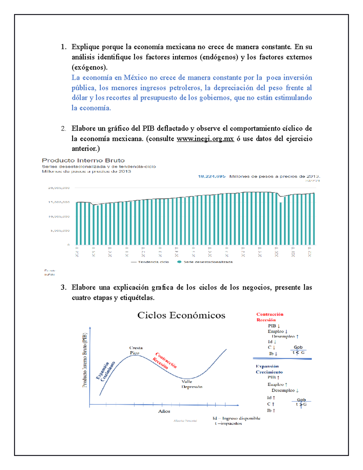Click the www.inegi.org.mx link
click(205, 139)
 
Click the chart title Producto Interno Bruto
click(83, 160)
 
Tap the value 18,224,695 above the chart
click(211, 176)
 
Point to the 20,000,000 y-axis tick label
click(59, 188)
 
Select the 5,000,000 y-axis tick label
click(60, 231)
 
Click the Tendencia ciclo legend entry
click(150, 262)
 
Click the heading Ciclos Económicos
click(181, 315)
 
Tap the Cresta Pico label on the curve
click(136, 350)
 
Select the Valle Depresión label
click(191, 384)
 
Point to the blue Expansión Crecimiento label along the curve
click(106, 371)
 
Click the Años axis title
click(164, 411)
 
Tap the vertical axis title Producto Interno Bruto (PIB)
click(85, 360)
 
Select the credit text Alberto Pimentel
click(185, 421)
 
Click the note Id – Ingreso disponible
click(236, 418)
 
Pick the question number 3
click(63, 288)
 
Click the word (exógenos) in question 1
click(89, 67)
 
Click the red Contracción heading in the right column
click(270, 314)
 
